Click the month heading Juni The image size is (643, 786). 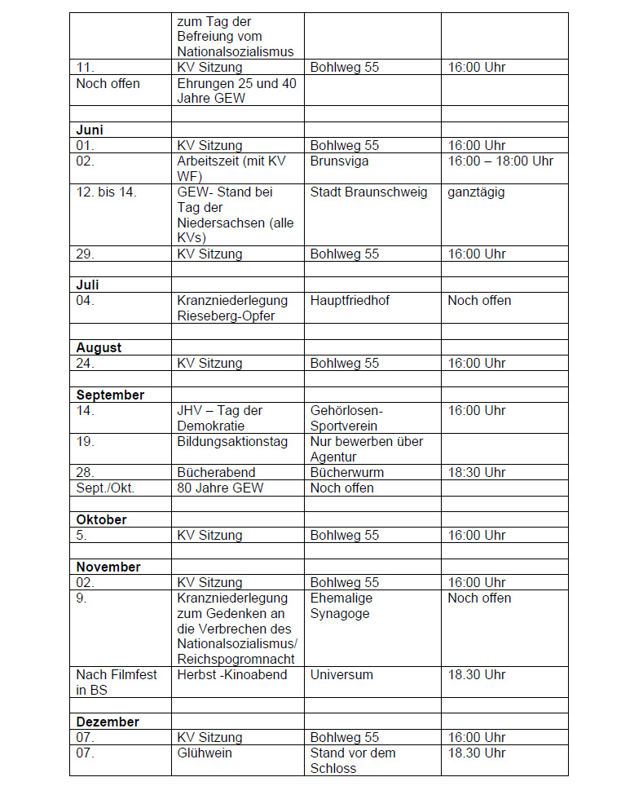point(90,130)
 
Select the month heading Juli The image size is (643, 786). point(87,285)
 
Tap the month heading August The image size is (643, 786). point(99,347)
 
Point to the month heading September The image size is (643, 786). point(110,395)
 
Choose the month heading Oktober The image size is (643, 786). point(101,519)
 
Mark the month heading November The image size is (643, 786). point(108,567)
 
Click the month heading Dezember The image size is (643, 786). point(108,722)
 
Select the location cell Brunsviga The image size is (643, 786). point(339,161)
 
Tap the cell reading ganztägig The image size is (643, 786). point(476,192)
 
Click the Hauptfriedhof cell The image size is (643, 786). point(350,300)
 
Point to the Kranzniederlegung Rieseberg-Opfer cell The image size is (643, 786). point(226,308)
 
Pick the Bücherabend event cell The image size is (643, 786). point(216,472)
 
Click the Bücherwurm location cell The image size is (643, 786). point(346,472)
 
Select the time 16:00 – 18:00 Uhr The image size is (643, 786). point(500,161)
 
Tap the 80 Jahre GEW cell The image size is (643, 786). point(220,488)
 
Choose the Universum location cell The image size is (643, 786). point(341,674)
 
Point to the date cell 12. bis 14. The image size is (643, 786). point(107,192)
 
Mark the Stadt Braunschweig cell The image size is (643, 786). point(368,192)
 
